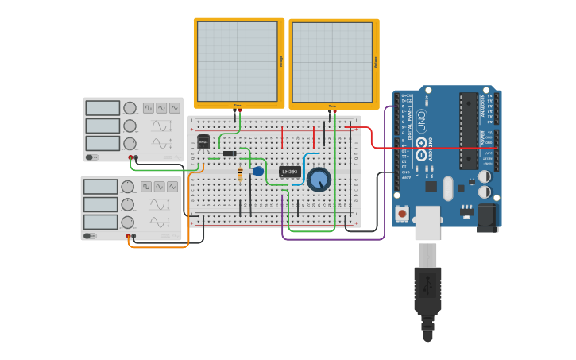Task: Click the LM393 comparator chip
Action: pos(290,172)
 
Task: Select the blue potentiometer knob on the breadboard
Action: pos(319,180)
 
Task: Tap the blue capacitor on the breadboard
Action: pos(258,171)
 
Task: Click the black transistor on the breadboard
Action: pos(203,142)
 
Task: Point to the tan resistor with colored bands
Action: pos(240,174)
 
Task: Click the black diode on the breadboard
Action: pos(230,153)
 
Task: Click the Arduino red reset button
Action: pos(403,214)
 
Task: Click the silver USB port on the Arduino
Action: pos(427,223)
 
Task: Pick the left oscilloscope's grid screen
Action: pos(238,61)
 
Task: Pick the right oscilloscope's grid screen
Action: pos(332,61)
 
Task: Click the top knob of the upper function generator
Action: pos(130,108)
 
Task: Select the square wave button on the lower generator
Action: pos(146,187)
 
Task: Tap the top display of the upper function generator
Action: pos(102,108)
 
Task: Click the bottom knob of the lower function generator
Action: pos(128,223)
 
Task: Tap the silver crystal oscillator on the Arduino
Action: pos(448,188)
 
